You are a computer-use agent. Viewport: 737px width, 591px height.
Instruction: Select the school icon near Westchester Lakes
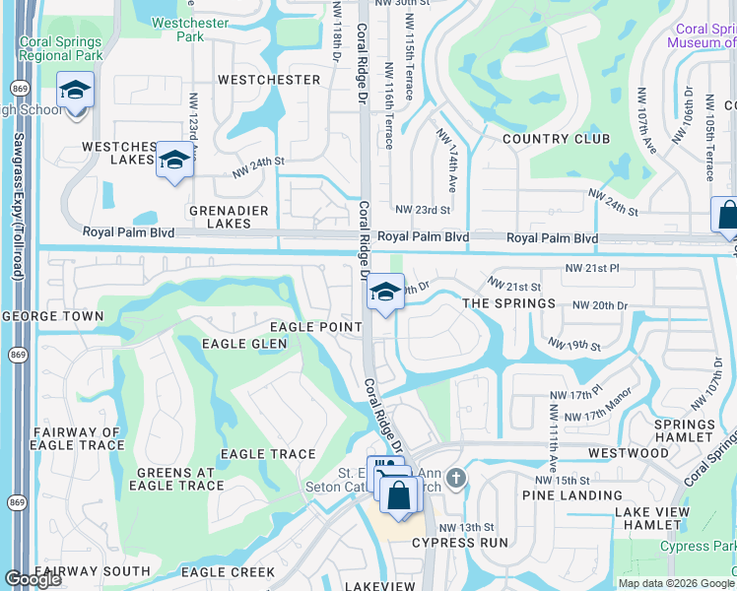pos(174,161)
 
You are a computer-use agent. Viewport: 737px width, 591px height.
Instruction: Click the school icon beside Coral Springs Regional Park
pos(75,92)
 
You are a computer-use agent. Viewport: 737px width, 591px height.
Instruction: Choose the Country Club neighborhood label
pos(556,139)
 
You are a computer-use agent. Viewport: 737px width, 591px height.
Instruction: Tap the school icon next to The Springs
pos(386,292)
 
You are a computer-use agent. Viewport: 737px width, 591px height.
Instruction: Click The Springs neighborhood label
pos(508,303)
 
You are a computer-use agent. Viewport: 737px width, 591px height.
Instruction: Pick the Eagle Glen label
pos(243,344)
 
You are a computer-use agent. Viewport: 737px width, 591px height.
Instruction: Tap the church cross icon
pos(455,479)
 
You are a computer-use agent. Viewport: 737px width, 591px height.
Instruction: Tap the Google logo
pos(33,579)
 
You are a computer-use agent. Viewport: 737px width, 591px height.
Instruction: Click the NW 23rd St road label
pos(422,209)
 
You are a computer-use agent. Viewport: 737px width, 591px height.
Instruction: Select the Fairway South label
pos(92,571)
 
